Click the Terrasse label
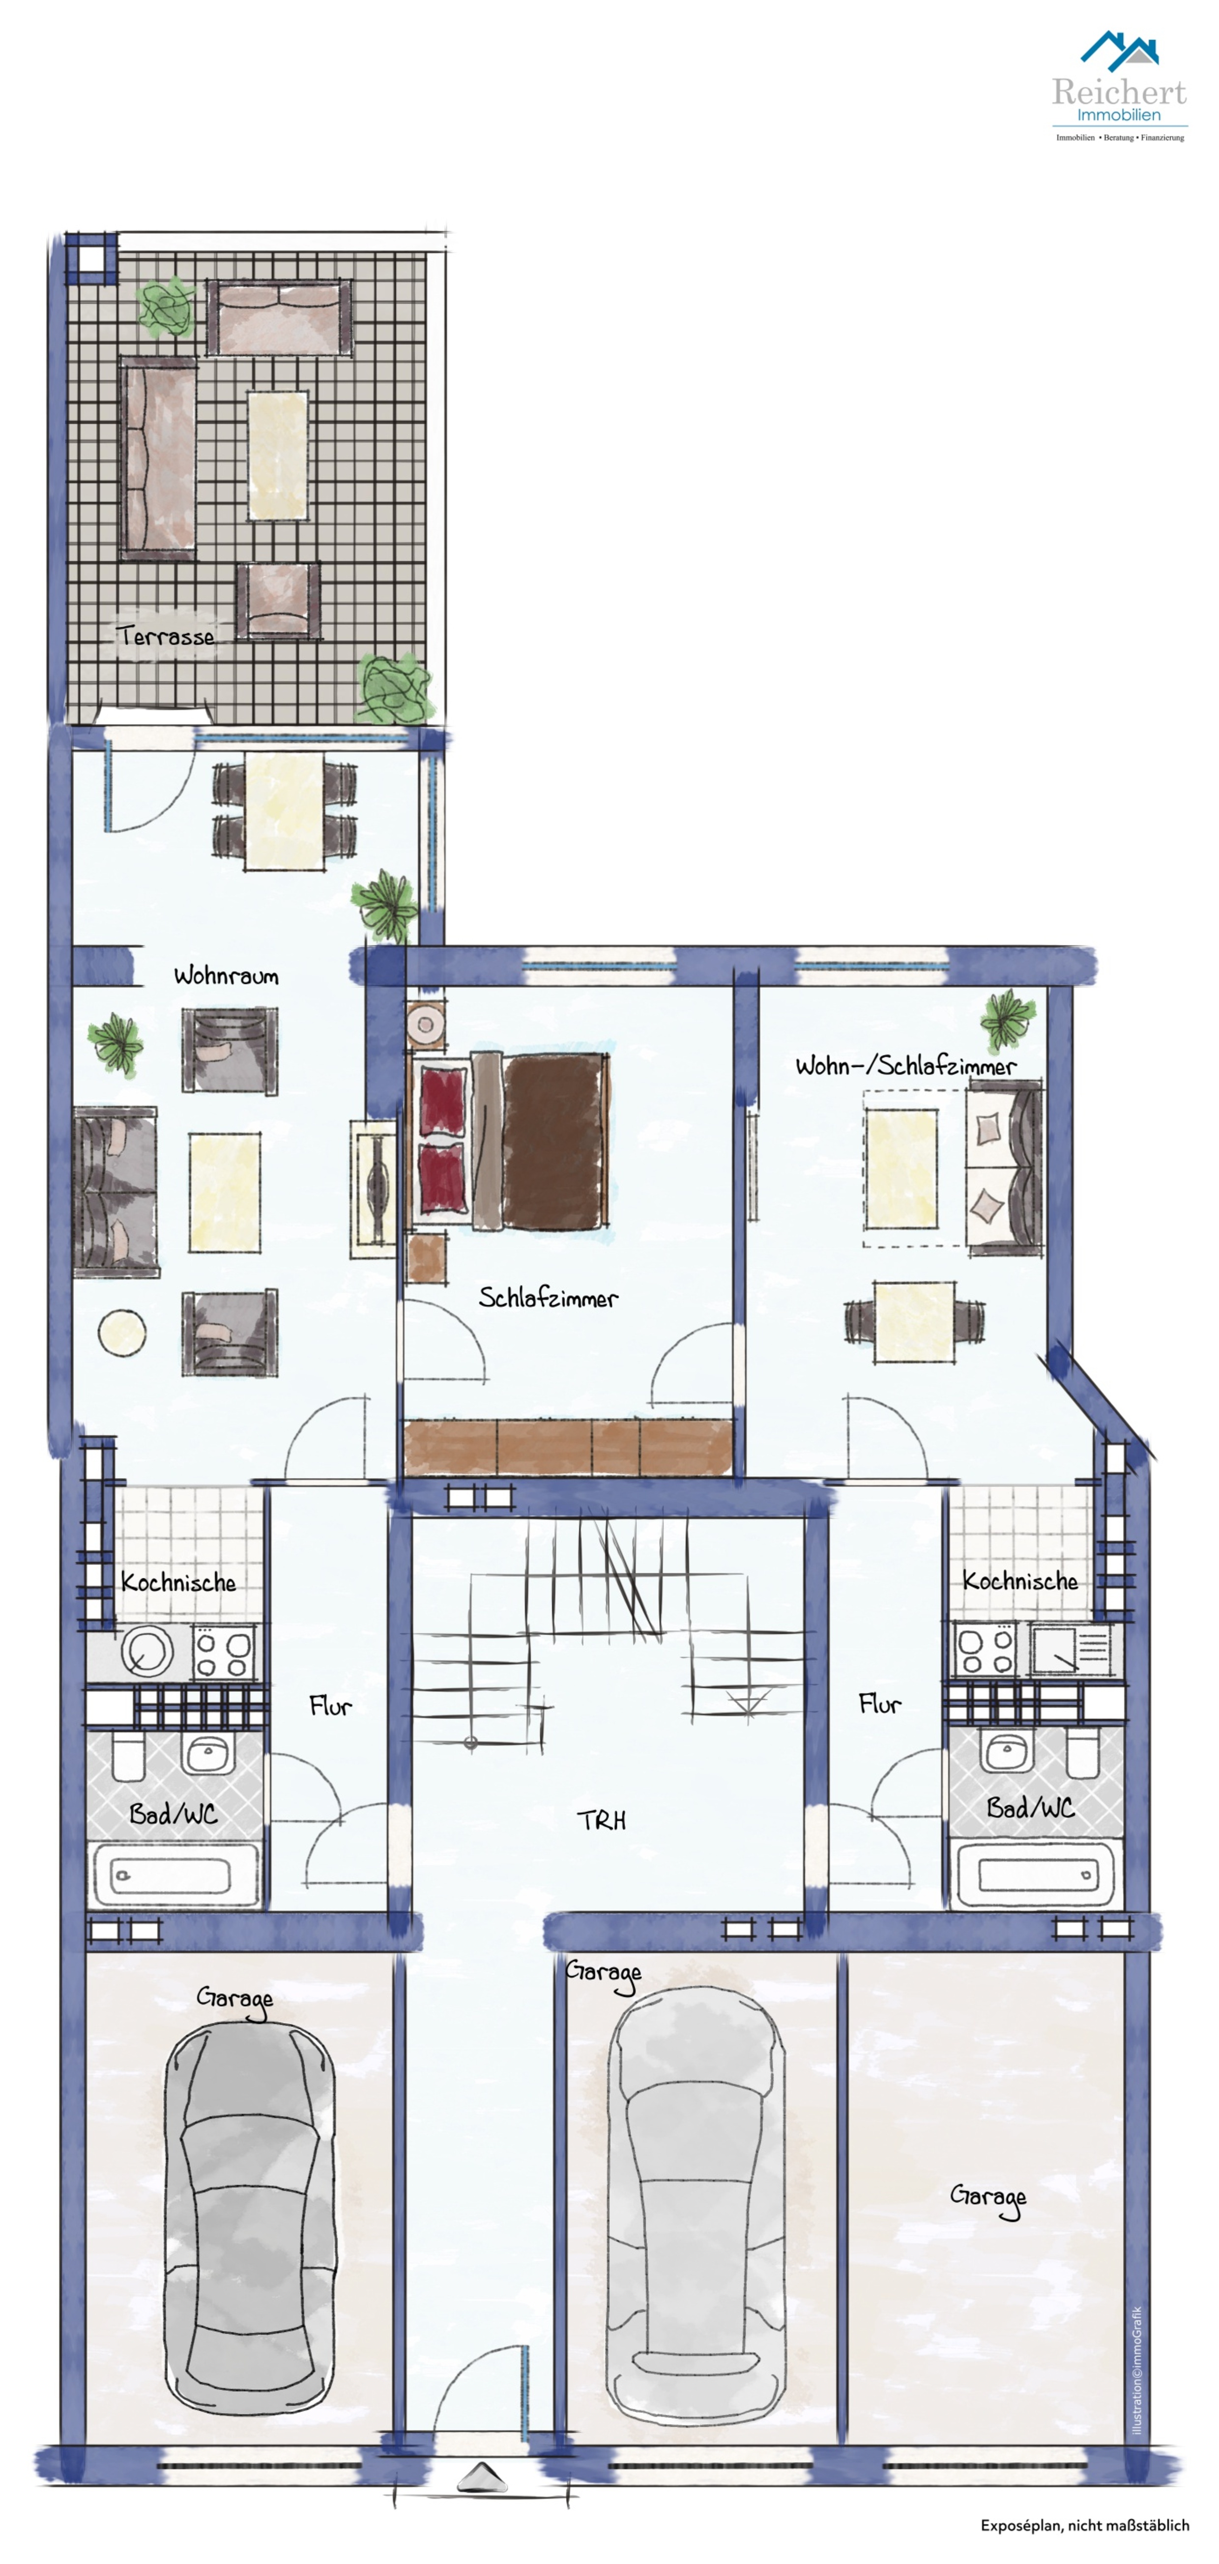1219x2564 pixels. coord(165,635)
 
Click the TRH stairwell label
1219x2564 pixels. coord(602,1821)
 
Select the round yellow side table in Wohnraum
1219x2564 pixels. coord(122,1331)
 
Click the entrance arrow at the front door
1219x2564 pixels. coord(482,2478)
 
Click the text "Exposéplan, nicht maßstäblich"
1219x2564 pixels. coord(1084,2525)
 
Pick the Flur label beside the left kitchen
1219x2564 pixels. coord(331,1706)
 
